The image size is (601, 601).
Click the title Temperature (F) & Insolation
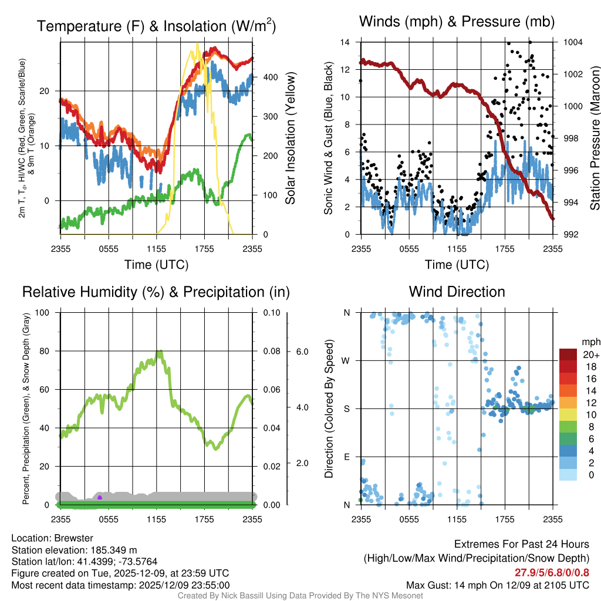point(156,26)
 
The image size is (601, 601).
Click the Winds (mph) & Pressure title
point(457,22)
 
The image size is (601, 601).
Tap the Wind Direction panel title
point(457,292)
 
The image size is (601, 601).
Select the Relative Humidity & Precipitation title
point(156,292)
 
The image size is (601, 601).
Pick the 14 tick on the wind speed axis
point(345,42)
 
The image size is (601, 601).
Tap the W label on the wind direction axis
point(346,360)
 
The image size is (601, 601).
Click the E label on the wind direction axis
point(346,457)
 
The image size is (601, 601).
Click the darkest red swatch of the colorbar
point(568,354)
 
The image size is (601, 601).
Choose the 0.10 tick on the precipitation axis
point(271,312)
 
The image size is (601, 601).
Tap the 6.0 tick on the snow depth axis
point(302,352)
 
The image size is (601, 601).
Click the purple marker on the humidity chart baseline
point(100,498)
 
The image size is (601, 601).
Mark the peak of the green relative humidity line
point(160,352)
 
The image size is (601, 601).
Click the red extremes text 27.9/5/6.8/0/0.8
point(552,573)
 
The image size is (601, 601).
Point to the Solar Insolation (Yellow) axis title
point(290,139)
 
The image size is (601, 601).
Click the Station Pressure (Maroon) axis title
point(594,139)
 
